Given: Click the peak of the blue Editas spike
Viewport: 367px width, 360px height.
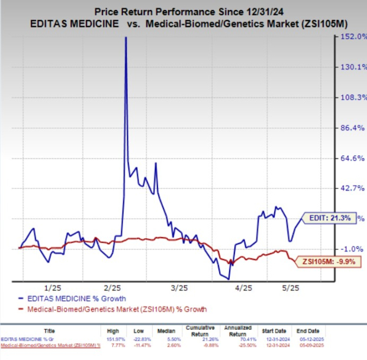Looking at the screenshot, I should coord(125,38).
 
